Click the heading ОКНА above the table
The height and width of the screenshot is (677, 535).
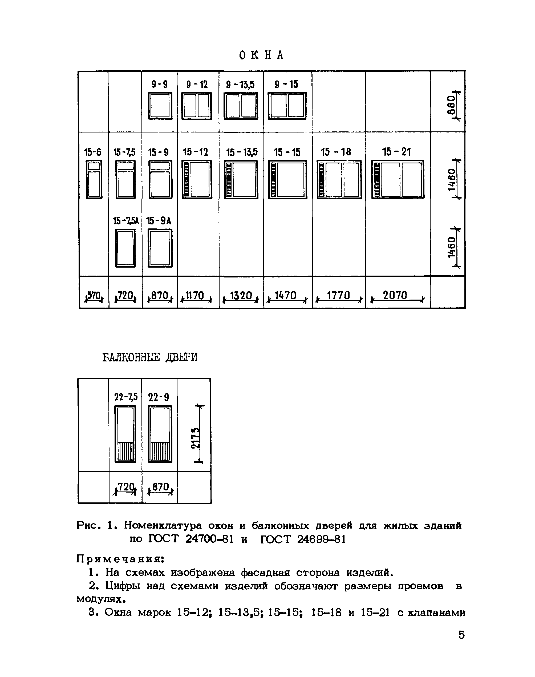pyautogui.click(x=261, y=55)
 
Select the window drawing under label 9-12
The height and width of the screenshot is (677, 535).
pyautogui.click(x=197, y=106)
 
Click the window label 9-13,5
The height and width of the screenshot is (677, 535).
pyautogui.click(x=240, y=84)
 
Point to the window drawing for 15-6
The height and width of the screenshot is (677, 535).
pyautogui.click(x=94, y=179)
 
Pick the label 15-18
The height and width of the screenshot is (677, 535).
pyautogui.click(x=336, y=152)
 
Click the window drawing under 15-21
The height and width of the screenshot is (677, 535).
pyautogui.click(x=398, y=179)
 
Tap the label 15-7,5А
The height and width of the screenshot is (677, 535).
pyautogui.click(x=125, y=221)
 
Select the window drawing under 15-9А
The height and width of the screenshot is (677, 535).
pyautogui.click(x=160, y=248)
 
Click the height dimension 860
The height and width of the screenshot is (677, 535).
pyautogui.click(x=451, y=105)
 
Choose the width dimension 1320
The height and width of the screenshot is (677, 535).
pyautogui.click(x=241, y=296)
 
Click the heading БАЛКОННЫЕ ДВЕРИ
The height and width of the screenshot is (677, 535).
pyautogui.click(x=150, y=357)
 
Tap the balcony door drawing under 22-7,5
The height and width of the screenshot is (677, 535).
pyautogui.click(x=125, y=434)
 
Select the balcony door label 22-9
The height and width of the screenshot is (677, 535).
pyautogui.click(x=159, y=397)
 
